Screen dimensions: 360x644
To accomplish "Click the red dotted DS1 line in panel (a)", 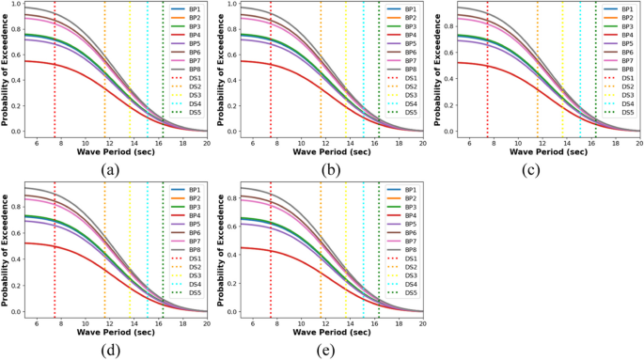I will pyautogui.click(x=55, y=94).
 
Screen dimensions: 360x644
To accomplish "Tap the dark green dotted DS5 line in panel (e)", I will pyautogui.click(x=377, y=273).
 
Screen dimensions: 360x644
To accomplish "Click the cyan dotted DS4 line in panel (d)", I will pyautogui.click(x=148, y=273).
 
